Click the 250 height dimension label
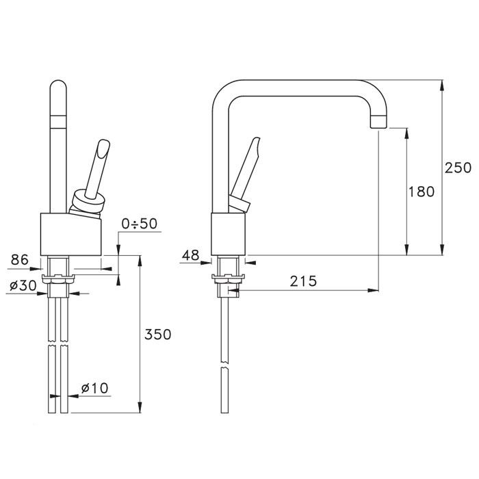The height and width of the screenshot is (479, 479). [x=458, y=168]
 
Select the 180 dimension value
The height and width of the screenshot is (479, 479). [x=422, y=192]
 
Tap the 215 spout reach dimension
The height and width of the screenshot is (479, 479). [x=303, y=281]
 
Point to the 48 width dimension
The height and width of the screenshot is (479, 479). [x=190, y=255]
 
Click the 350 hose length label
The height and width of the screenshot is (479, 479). [x=157, y=334]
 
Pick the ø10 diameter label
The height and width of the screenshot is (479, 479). [x=94, y=388]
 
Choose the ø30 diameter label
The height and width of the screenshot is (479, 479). [x=23, y=285]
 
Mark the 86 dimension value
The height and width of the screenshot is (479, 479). [x=20, y=259]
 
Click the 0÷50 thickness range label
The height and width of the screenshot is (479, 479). [x=140, y=224]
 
